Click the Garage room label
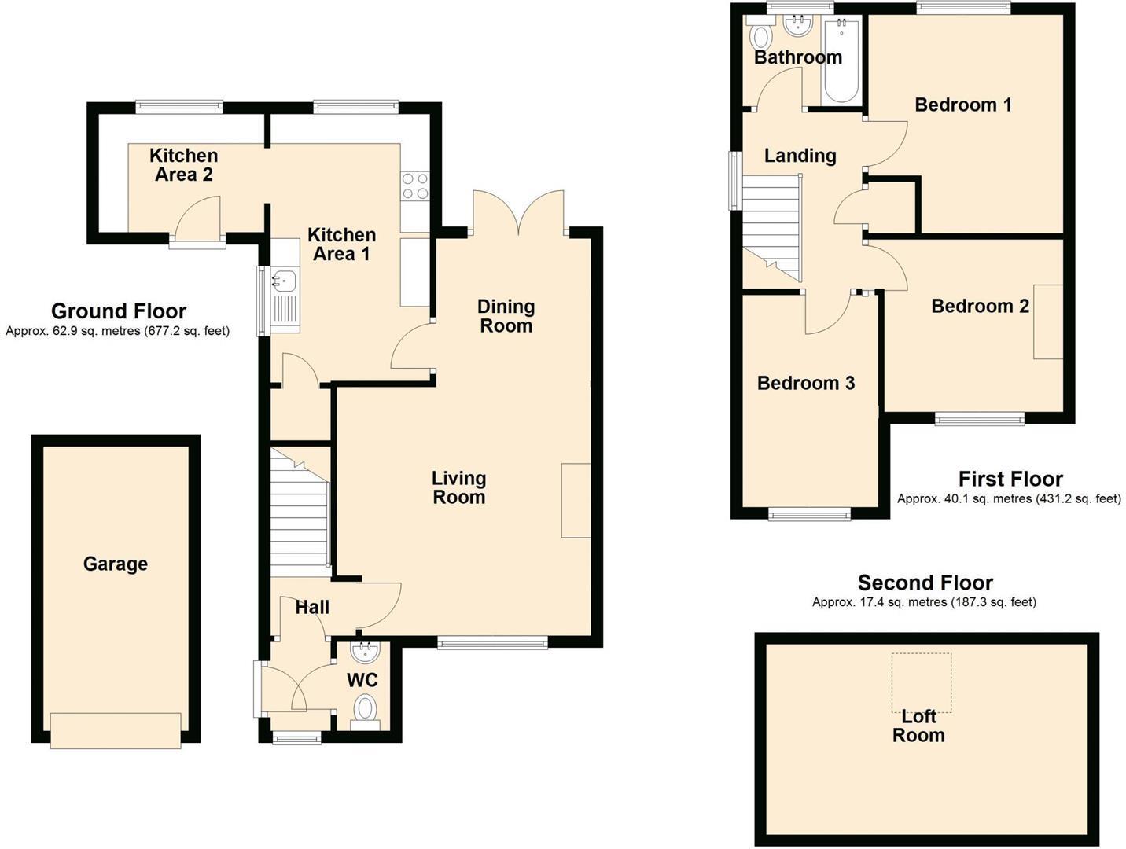coord(116,564)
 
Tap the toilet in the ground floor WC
coord(365,709)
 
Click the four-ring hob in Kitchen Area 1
coord(415,186)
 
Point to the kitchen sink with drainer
coord(284,294)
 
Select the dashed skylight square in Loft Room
coord(921,682)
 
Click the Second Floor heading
coord(925,583)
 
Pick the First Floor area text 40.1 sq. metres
coord(1009,498)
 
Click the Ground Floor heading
coord(119,311)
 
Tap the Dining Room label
coord(506,316)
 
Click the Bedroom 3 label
coord(805,383)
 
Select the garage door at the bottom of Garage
coord(116,730)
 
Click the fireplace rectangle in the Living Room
coord(576,500)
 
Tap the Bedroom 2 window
coord(980,419)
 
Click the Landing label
coord(800,156)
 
